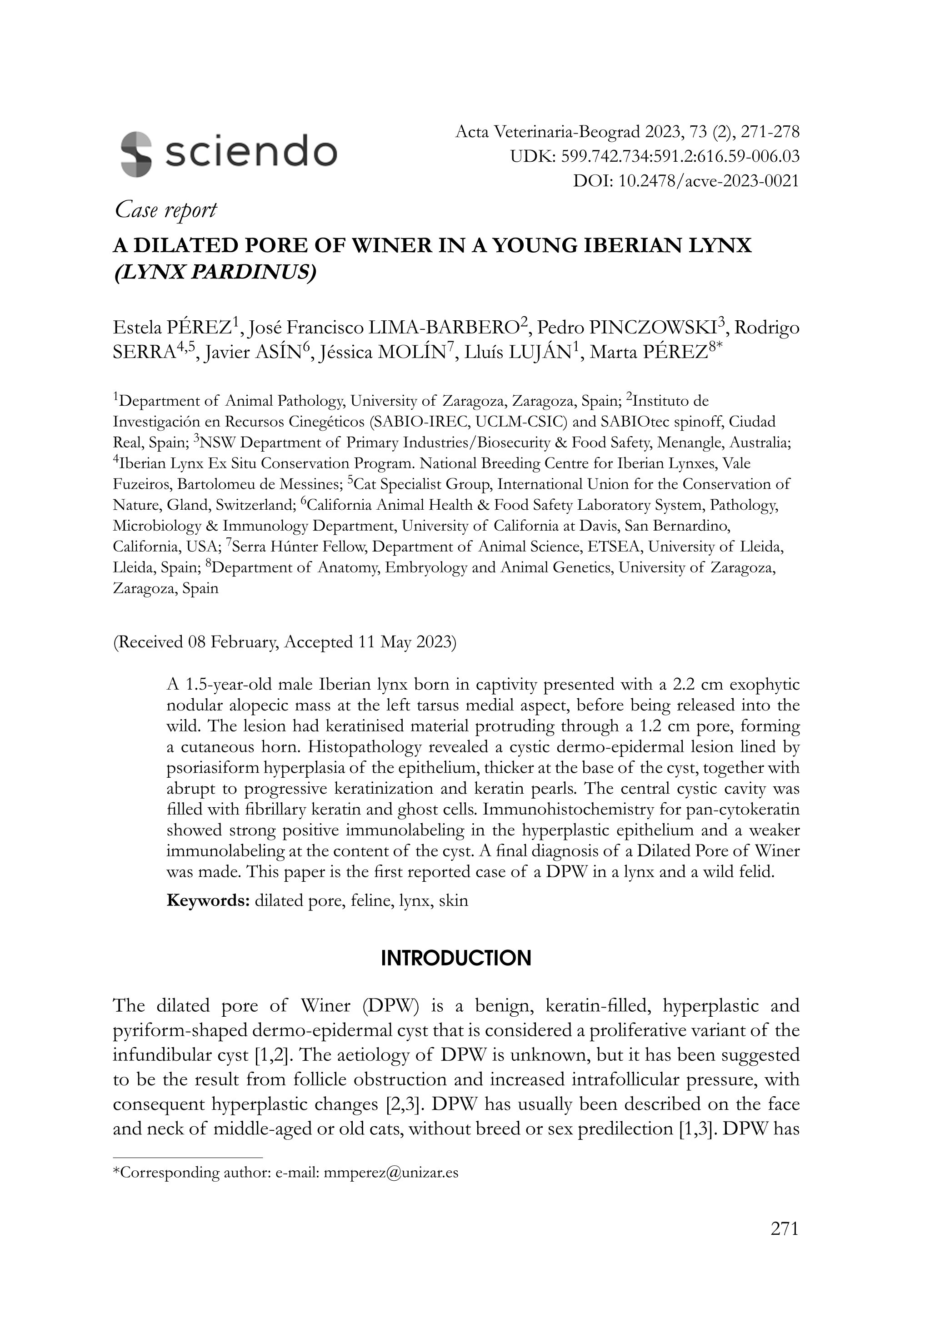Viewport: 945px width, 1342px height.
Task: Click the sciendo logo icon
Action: click(136, 153)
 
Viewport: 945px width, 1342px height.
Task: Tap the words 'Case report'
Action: click(165, 210)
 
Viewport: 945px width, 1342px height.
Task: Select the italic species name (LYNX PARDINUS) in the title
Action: click(214, 273)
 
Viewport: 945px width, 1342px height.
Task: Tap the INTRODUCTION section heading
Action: click(456, 959)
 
